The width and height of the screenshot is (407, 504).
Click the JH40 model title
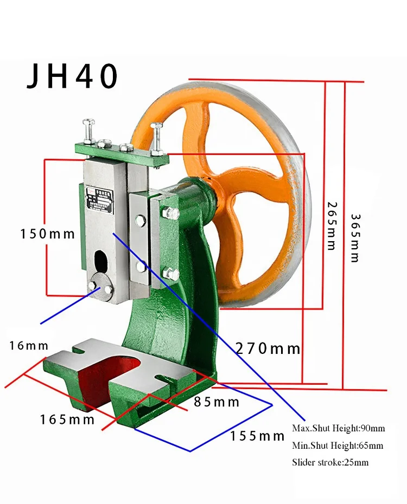tap(72, 76)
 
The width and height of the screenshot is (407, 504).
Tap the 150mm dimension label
tap(47, 234)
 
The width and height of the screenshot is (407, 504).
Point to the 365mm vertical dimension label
tap(354, 238)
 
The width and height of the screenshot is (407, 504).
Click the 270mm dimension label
tap(268, 349)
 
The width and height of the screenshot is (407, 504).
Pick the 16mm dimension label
tap(29, 346)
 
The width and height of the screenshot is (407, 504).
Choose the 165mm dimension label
tap(67, 419)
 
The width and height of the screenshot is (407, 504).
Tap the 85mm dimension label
tap(217, 402)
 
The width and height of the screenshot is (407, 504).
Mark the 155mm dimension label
tap(257, 436)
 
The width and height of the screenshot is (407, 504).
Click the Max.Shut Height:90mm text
tap(338, 428)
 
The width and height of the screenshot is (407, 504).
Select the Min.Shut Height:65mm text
tap(337, 446)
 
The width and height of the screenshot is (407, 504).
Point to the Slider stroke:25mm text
tap(330, 462)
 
